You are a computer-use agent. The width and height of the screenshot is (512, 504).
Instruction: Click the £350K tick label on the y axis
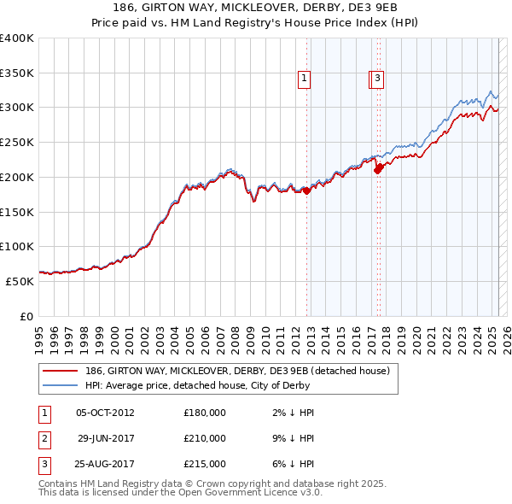[17, 73]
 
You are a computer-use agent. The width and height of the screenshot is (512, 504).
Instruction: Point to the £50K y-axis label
[20, 281]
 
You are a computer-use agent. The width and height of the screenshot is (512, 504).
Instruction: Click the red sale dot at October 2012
[306, 191]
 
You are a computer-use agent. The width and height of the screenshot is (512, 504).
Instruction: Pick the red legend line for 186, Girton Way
[60, 371]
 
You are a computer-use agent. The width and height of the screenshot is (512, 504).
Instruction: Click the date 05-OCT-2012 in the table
[105, 413]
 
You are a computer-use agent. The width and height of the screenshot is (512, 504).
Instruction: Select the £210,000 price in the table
[205, 438]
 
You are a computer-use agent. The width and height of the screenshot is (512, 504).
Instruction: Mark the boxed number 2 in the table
[44, 438]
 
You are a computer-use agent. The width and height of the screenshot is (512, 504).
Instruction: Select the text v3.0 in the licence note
[307, 493]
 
